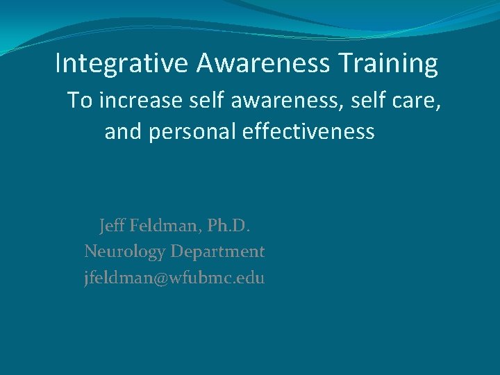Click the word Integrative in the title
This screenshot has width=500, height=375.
point(122,64)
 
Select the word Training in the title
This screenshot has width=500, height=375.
point(389,64)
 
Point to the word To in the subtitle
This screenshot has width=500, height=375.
point(79,101)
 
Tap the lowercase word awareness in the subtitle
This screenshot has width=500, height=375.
point(271,101)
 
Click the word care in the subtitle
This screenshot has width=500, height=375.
point(416,102)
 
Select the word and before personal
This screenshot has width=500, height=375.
point(124,131)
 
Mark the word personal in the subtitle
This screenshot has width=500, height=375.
point(188,132)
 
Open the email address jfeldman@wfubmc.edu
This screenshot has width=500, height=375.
point(174,278)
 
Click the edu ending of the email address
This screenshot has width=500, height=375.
point(252,278)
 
